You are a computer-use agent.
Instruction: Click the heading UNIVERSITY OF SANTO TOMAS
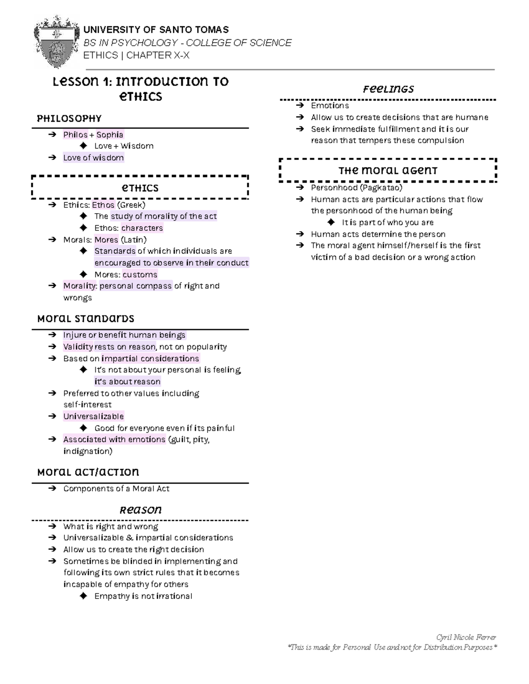click(x=156, y=30)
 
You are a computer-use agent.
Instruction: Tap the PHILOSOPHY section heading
click(x=69, y=118)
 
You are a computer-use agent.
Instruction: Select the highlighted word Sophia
click(x=110, y=135)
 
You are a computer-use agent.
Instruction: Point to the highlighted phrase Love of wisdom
click(x=93, y=158)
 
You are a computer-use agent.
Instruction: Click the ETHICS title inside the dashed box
click(x=140, y=188)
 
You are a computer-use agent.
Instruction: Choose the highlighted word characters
click(x=142, y=228)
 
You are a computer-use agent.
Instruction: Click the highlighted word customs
click(x=140, y=274)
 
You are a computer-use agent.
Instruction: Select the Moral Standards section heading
click(x=86, y=318)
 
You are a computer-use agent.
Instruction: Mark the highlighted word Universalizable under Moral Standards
click(x=93, y=416)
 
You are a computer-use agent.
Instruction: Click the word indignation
click(x=86, y=451)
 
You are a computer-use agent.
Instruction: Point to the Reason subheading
click(x=141, y=510)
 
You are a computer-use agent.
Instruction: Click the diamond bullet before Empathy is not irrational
click(x=83, y=596)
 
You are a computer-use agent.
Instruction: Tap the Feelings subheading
click(x=388, y=89)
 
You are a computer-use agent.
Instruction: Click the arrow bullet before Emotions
click(x=300, y=106)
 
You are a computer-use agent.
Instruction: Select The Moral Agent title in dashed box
click(x=388, y=171)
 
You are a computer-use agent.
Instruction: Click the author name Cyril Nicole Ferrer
click(x=466, y=637)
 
